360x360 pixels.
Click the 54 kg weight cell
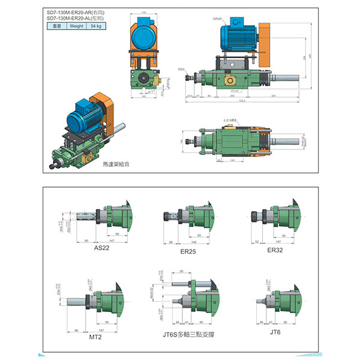click(x=97, y=26)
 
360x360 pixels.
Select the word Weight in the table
click(x=77, y=26)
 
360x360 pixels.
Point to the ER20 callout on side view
click(x=182, y=70)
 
